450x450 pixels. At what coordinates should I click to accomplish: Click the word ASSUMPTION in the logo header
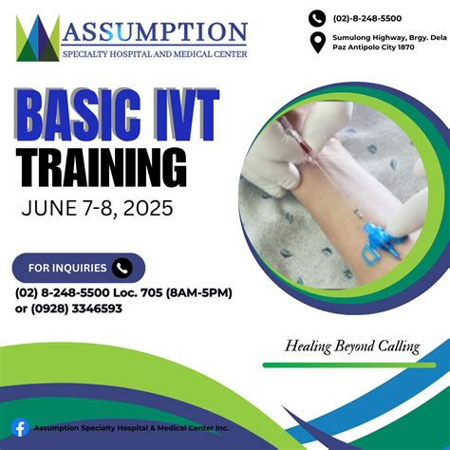pyautogui.click(x=155, y=32)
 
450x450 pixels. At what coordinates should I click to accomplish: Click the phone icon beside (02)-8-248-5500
pyautogui.click(x=317, y=17)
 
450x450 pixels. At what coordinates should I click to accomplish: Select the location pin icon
pyautogui.click(x=317, y=43)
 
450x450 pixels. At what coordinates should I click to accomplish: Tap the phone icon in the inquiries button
pyautogui.click(x=122, y=268)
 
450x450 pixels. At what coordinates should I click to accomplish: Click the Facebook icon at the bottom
pyautogui.click(x=18, y=428)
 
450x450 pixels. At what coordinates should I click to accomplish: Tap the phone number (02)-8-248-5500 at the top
pyautogui.click(x=366, y=17)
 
